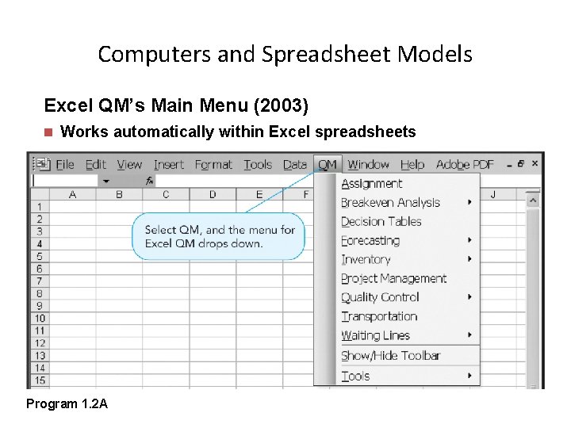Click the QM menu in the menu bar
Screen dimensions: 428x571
tap(328, 165)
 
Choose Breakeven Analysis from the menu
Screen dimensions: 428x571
tap(390, 203)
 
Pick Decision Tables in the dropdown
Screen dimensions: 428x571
tap(381, 222)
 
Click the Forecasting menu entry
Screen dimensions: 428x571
tap(370, 241)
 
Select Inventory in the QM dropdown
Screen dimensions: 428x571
tap(366, 259)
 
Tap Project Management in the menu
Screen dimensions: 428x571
tap(394, 278)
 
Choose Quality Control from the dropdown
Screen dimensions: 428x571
tap(380, 297)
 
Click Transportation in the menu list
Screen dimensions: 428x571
tap(379, 316)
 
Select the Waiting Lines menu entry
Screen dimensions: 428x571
tap(375, 335)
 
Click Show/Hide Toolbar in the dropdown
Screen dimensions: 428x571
tap(390, 356)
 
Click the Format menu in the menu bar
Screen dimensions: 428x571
tap(213, 165)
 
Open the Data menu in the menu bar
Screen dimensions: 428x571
tap(295, 165)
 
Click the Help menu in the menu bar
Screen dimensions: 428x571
tap(412, 165)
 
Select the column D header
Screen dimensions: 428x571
tap(213, 194)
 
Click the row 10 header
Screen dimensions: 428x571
tap(40, 318)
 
